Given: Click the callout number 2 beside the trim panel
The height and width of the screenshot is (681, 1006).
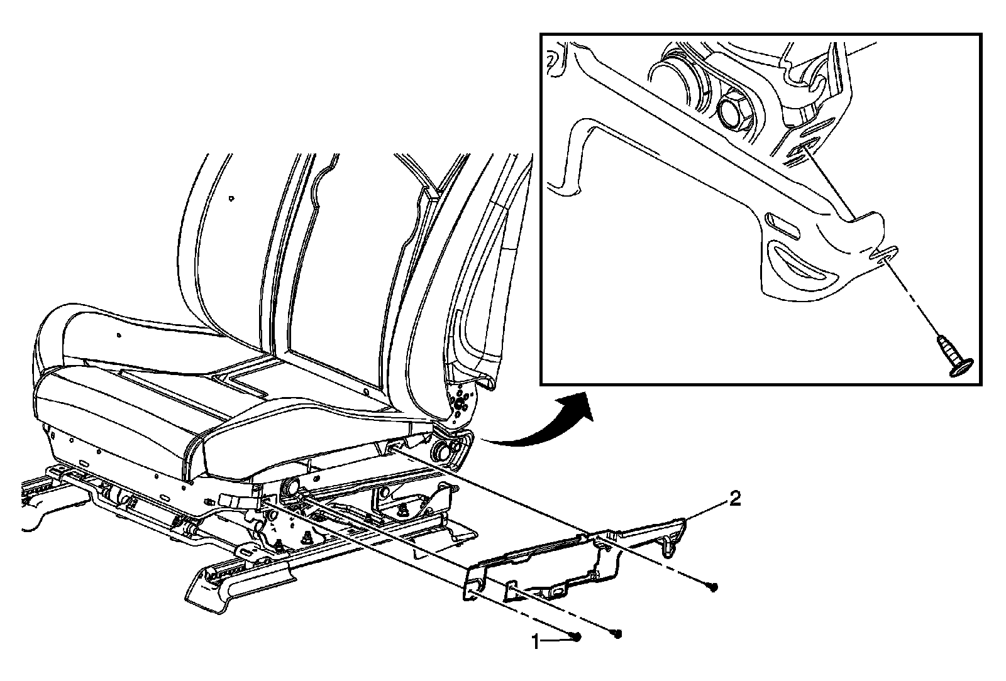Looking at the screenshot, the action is [x=734, y=500].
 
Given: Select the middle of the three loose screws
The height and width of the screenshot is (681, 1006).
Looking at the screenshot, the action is [x=617, y=633].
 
